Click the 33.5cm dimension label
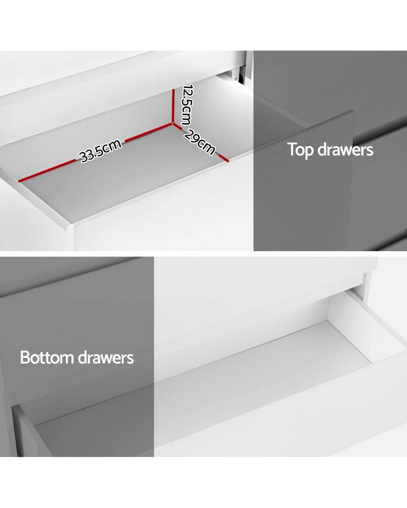[100, 151]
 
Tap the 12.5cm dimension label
[187, 104]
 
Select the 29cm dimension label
[199, 142]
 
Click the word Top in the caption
[301, 150]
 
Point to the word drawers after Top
[345, 150]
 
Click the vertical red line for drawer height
[173, 106]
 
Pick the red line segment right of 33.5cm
[148, 132]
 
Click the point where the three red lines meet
[173, 123]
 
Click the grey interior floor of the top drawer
[123, 180]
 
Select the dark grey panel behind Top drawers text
[330, 151]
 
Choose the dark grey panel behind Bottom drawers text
[77, 357]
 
